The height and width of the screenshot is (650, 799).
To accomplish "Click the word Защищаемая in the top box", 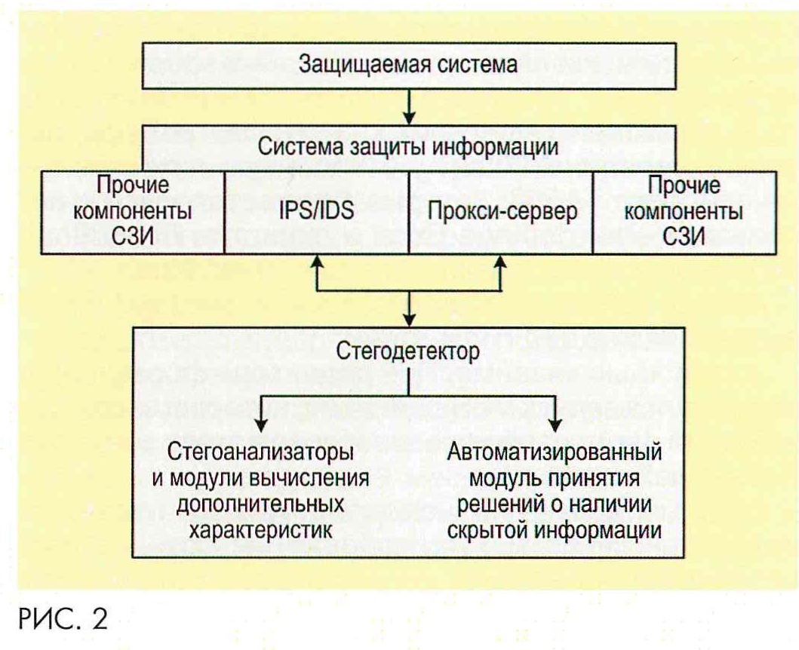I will point(363,65).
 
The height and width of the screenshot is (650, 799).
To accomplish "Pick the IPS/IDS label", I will point(316,211).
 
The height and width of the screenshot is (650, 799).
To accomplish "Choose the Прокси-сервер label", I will point(502,211).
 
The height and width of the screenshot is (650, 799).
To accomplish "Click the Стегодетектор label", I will point(408,354).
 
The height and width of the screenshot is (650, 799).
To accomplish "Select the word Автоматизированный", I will point(556,454).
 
